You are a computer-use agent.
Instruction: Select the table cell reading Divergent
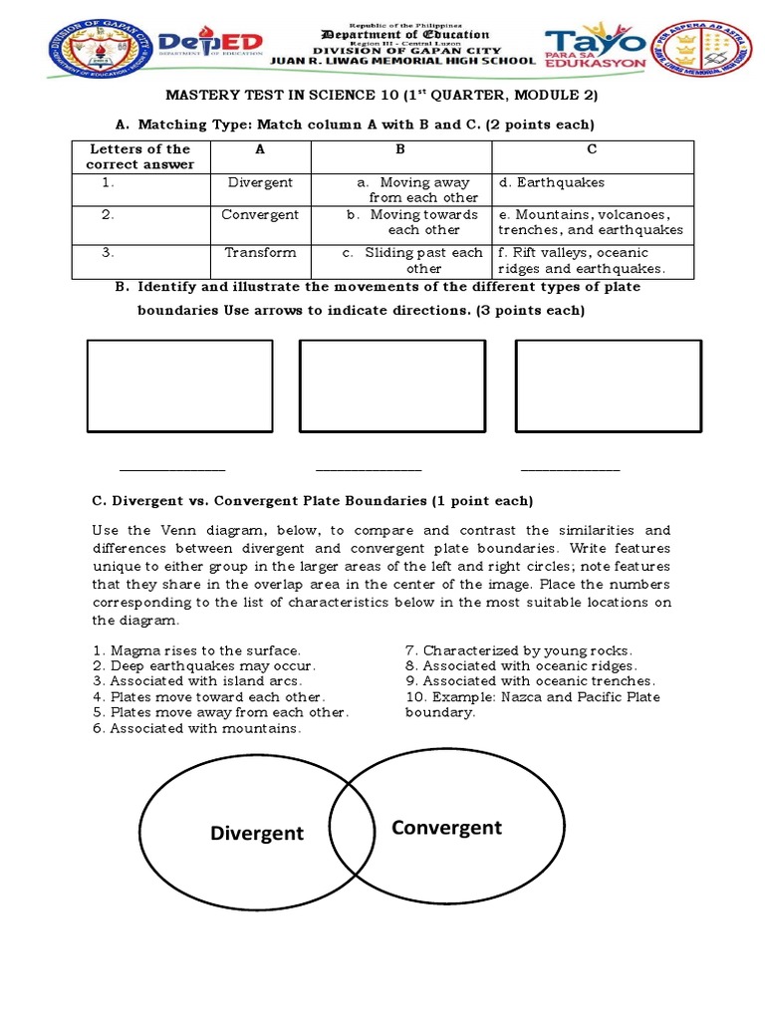[x=260, y=182]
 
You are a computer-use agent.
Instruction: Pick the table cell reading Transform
[x=260, y=252]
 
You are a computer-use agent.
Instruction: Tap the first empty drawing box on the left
[x=179, y=385]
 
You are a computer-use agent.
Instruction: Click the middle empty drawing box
[x=392, y=385]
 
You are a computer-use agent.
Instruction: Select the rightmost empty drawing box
[x=608, y=385]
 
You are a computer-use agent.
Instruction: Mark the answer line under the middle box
[x=369, y=469]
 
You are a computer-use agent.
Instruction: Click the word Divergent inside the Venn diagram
[x=257, y=834]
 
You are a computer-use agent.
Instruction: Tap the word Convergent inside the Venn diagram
[x=446, y=828]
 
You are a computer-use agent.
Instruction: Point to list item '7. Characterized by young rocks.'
[x=518, y=650]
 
